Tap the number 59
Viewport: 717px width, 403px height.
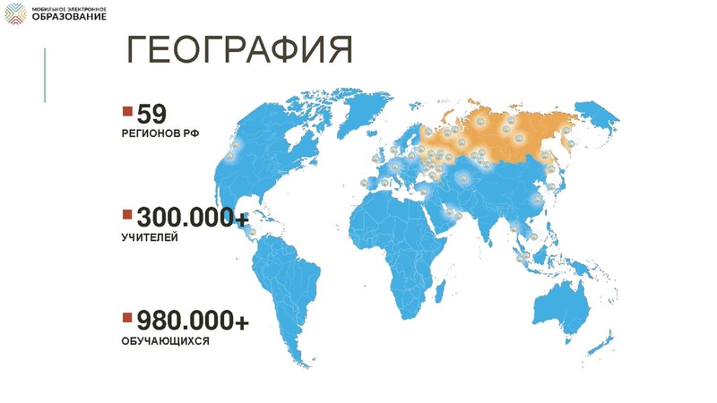(152, 115)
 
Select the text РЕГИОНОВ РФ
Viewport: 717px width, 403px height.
(160, 133)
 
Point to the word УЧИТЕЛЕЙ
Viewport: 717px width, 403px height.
(150, 238)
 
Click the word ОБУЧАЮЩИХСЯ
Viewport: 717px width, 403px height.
(166, 341)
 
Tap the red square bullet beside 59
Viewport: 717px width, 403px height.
(127, 111)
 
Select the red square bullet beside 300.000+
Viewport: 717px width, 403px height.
(127, 215)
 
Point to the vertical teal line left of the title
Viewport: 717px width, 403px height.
(45, 75)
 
